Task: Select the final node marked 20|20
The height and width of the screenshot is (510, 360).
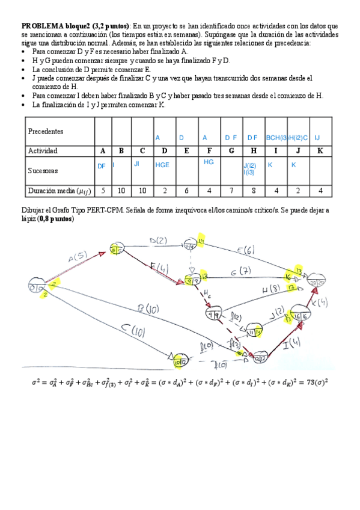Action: point(317,282)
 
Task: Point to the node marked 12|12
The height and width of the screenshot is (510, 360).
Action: point(259,358)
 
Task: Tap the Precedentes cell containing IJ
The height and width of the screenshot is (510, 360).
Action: point(317,138)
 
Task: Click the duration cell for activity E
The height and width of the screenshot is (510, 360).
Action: point(187,191)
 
